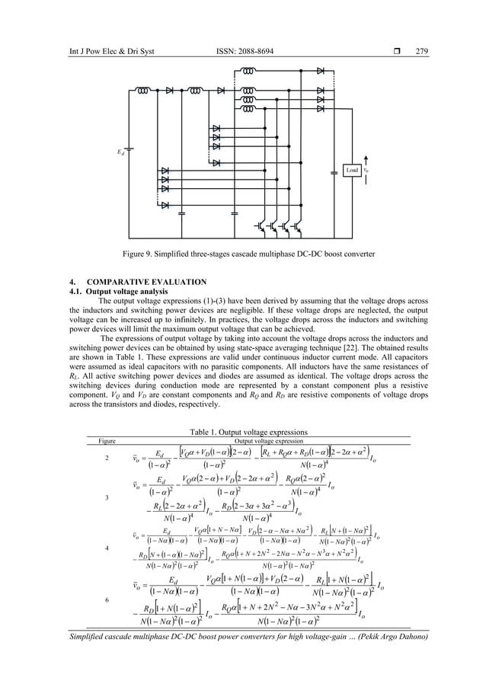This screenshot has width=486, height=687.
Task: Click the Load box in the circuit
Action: point(353,171)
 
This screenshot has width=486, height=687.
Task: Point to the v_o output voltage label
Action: point(366,171)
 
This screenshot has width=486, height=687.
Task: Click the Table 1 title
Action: point(242,430)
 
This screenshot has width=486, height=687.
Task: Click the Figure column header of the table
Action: point(96,439)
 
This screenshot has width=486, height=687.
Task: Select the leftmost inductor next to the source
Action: point(143,90)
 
